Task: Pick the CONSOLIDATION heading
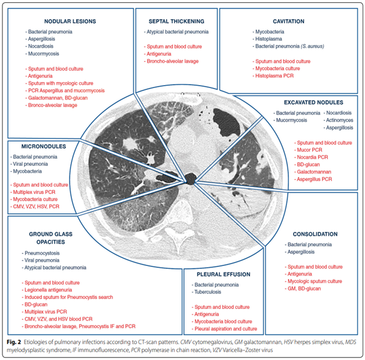coord(316,235)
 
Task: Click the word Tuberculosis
coord(211,294)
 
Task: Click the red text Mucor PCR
coord(312,150)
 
